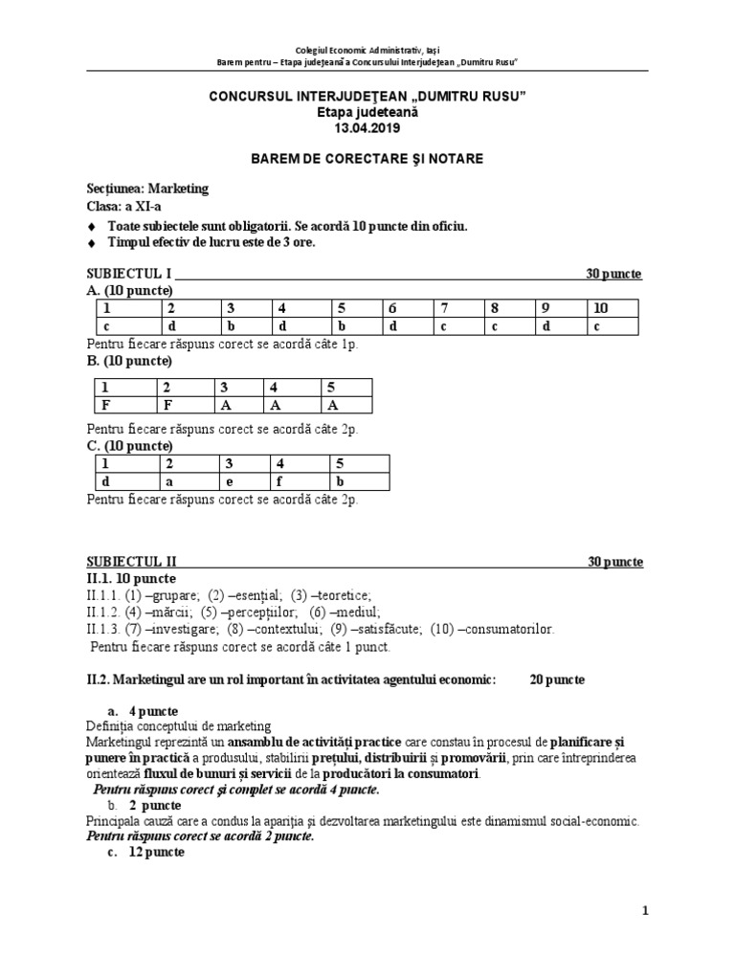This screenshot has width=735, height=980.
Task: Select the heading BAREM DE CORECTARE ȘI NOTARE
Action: point(367,157)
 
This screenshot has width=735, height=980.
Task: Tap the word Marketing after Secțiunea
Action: point(178,189)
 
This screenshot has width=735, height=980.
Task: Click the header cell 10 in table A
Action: point(600,308)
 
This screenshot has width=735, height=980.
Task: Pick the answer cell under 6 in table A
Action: point(392,326)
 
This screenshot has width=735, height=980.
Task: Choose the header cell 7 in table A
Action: point(444,308)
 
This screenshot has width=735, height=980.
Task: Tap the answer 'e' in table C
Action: point(229,481)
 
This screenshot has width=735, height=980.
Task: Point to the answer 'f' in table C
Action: point(281,481)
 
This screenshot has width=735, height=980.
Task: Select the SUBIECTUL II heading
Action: point(131,562)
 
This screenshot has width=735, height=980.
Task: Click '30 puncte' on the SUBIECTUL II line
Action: point(615,562)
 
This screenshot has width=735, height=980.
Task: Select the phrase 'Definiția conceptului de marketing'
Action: point(179,726)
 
